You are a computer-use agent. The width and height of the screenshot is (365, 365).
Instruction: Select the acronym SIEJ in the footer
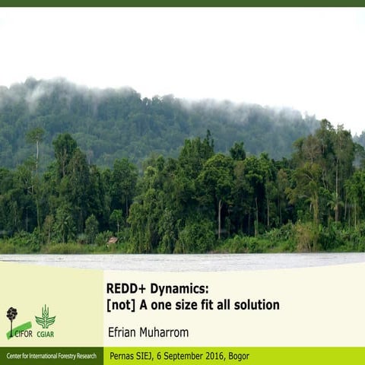pos(142,356)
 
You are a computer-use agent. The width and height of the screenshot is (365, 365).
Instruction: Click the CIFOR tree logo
pos(12,318)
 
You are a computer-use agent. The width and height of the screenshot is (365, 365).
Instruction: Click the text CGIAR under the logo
pos(45,334)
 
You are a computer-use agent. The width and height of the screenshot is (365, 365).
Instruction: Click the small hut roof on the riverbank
pos(113,240)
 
